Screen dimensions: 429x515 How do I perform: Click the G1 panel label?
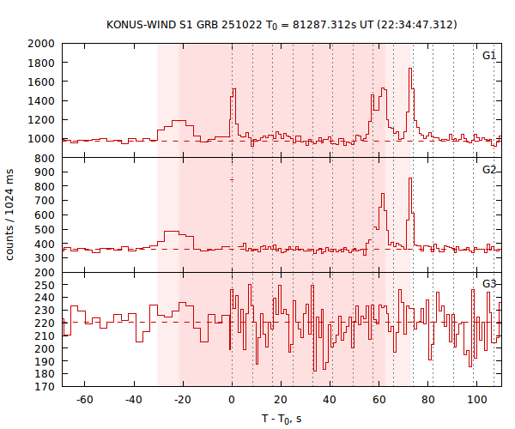point(488,56)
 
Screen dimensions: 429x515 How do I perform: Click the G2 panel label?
point(488,170)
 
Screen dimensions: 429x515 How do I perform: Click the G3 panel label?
point(488,284)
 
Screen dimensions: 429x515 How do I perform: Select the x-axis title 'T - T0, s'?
point(281,419)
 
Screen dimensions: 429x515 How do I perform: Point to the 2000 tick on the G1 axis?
point(41,44)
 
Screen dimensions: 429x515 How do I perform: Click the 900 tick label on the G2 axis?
point(45,172)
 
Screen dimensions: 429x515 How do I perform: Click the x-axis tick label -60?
point(84,401)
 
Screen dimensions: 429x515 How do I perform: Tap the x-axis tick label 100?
point(476,401)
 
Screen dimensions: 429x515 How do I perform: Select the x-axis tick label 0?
point(232,401)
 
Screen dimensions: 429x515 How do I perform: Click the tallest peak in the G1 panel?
point(410,69)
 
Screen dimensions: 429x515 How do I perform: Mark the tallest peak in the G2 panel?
point(410,178)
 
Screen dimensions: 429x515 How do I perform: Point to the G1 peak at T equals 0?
point(233,89)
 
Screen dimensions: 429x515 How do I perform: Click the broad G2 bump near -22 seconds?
point(175,233)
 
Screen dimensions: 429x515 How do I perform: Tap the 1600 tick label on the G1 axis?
point(41,82)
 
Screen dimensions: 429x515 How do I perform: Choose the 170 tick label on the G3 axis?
point(45,387)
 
